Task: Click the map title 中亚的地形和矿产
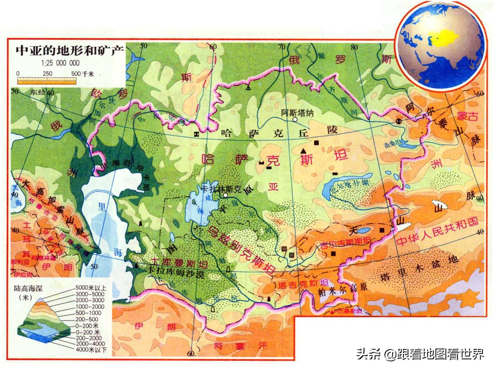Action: [x=69, y=50]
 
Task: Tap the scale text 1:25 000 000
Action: [x=60, y=63]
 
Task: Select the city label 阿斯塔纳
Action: [x=296, y=113]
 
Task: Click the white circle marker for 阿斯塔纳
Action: [x=295, y=120]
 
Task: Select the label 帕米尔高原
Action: [x=337, y=290]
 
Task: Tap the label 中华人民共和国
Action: [x=437, y=232]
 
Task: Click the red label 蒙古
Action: [x=467, y=116]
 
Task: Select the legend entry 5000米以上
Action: [x=91, y=288]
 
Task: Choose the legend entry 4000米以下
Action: [x=91, y=349]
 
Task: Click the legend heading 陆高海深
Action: [x=29, y=289]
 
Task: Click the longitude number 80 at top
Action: [x=354, y=47]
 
